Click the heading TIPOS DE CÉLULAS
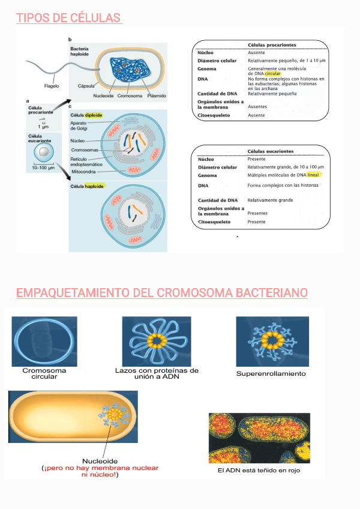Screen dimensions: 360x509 tap(68, 18)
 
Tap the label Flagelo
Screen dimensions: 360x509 tap(52, 85)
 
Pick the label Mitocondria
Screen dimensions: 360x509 tap(85, 171)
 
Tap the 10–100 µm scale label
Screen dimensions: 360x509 tap(43, 167)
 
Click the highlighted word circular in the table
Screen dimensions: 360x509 tap(272, 74)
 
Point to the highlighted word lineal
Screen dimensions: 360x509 tap(314, 175)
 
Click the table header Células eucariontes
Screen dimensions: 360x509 tap(271, 151)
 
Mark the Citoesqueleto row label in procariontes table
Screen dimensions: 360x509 tap(214, 115)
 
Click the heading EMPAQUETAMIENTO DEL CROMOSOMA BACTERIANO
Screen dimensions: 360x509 tap(162, 293)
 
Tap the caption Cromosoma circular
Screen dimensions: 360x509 tap(44, 374)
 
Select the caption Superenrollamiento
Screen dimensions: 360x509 tap(271, 373)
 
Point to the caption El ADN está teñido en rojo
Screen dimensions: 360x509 tap(259, 471)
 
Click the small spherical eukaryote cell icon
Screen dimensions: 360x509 tap(43, 152)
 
